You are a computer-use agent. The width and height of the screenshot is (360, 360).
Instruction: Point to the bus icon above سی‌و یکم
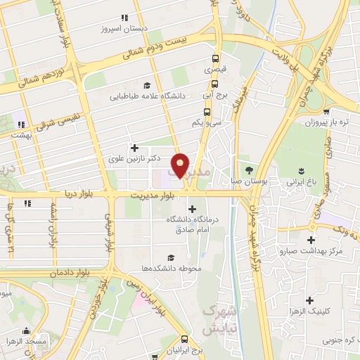207,111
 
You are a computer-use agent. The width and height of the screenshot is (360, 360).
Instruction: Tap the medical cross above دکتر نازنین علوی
134,148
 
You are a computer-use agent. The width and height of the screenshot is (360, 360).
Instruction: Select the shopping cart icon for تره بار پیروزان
328,110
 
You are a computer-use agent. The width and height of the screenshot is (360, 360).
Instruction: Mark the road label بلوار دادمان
72,271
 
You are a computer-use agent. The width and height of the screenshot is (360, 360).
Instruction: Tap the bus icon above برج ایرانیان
185,338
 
